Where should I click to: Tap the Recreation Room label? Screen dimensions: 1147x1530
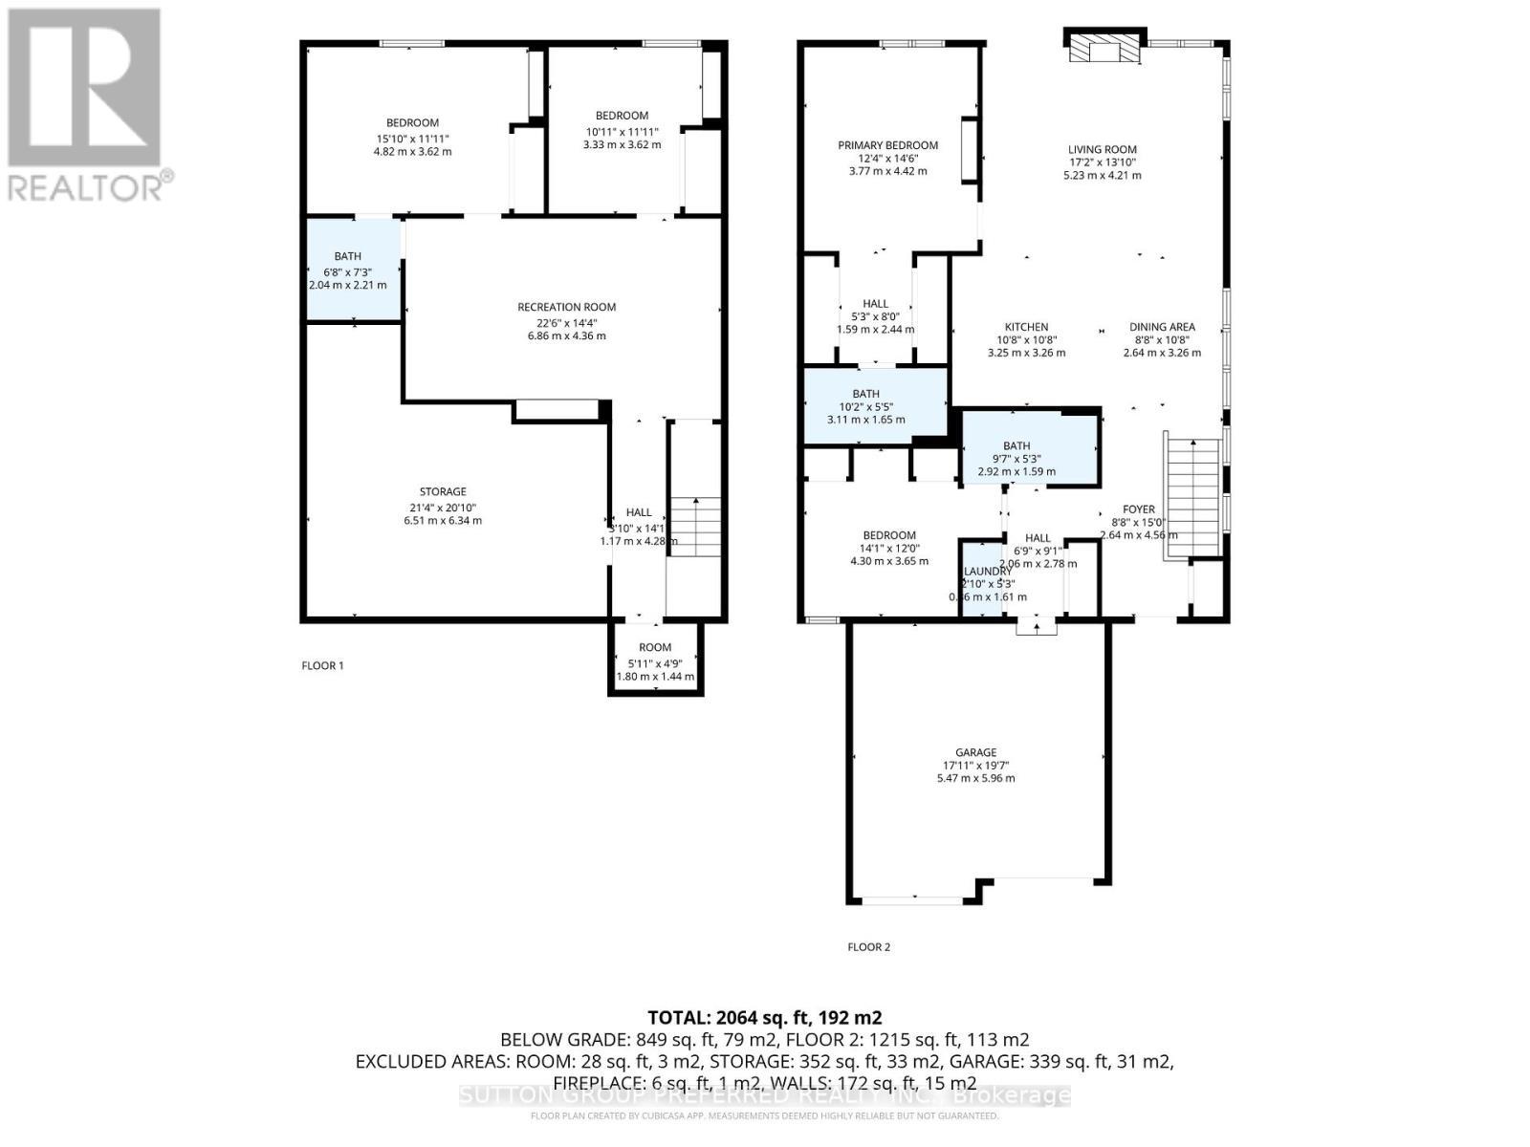point(566,307)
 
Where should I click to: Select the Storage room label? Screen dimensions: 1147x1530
point(442,491)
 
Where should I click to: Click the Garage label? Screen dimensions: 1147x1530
point(975,752)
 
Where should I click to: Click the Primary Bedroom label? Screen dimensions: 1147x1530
point(887,145)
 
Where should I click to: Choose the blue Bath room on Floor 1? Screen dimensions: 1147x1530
point(351,270)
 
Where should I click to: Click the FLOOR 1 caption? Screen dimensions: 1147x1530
point(322,665)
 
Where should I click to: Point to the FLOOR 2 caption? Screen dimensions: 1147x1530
point(868,947)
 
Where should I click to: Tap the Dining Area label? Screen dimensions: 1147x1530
point(1162,327)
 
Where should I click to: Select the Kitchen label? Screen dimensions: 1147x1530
point(1026,327)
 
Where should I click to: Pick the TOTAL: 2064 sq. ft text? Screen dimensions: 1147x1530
point(764,1017)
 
